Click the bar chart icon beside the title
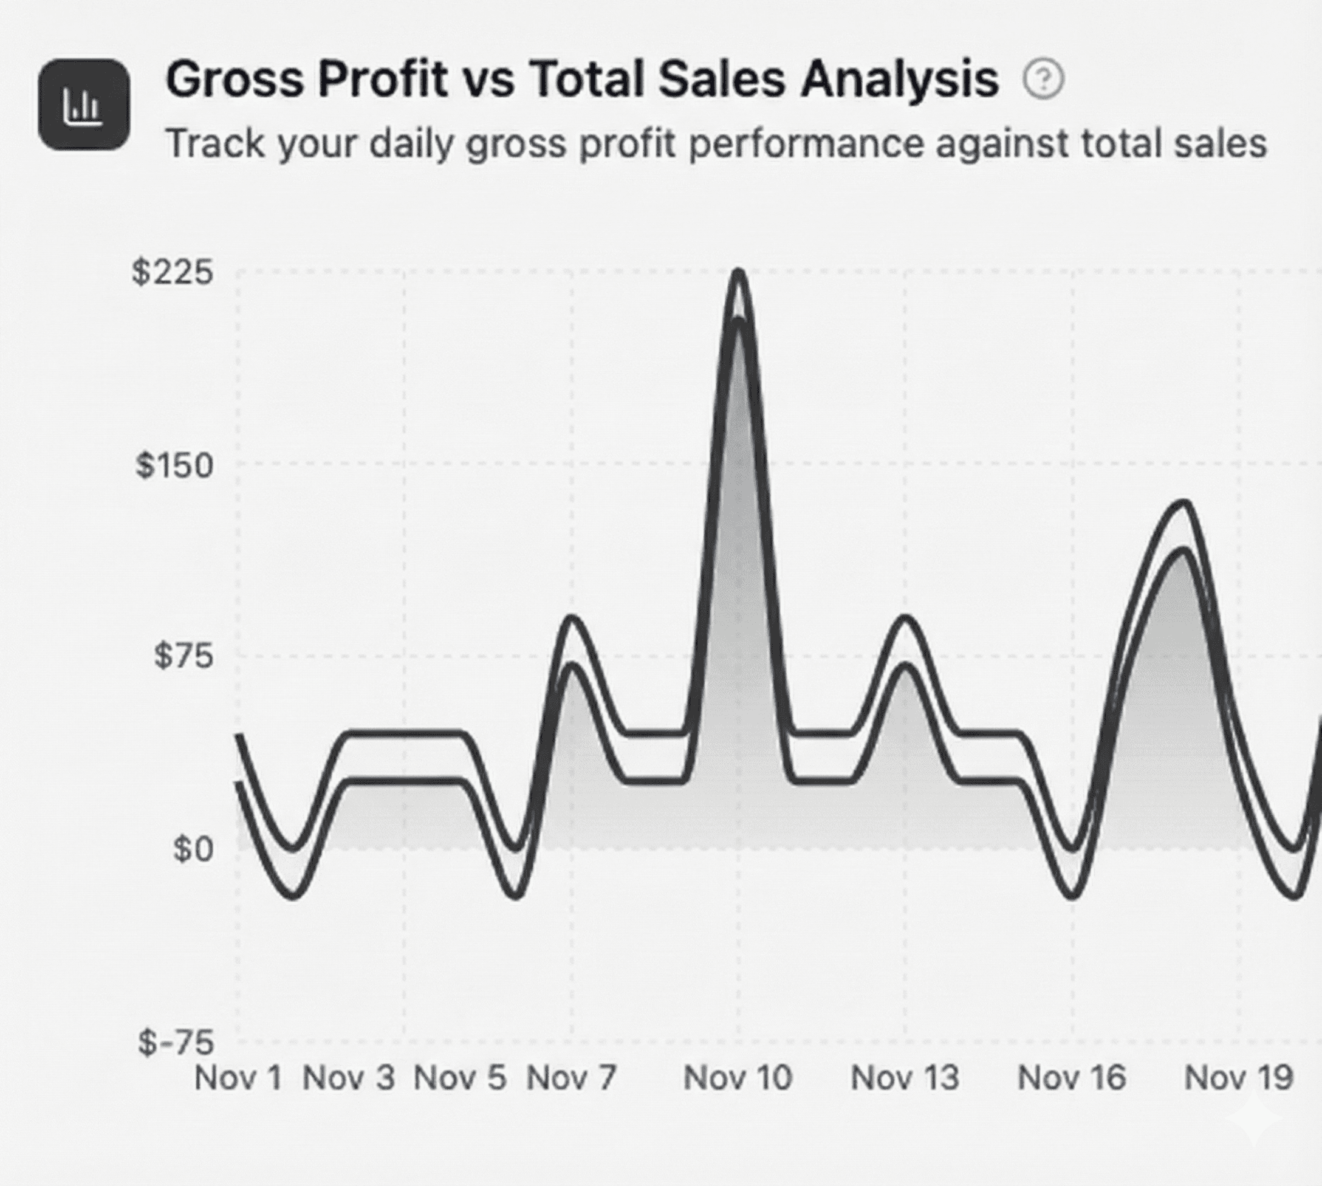(x=83, y=105)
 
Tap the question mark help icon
(x=1043, y=80)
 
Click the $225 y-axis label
(x=173, y=272)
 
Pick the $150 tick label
(x=174, y=466)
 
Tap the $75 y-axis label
(x=183, y=656)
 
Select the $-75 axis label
(x=175, y=1043)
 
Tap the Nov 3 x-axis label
(x=349, y=1078)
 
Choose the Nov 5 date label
(x=460, y=1078)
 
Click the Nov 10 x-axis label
(x=738, y=1078)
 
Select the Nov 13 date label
(x=905, y=1078)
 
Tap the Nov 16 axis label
(x=1072, y=1078)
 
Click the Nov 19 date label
(x=1239, y=1078)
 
